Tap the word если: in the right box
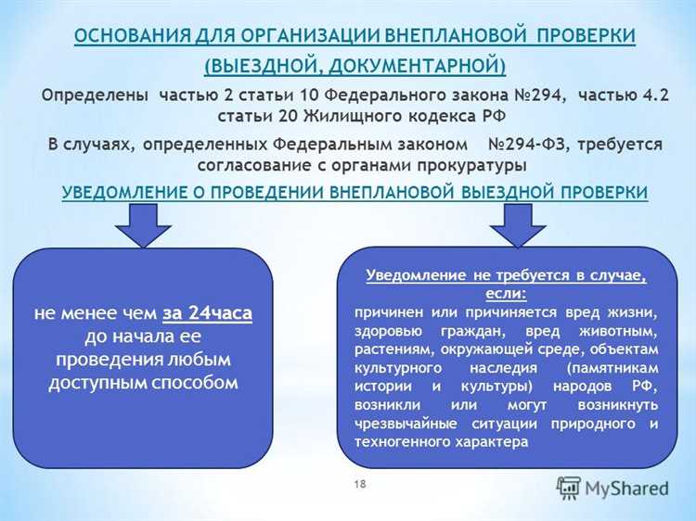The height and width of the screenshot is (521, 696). (505, 293)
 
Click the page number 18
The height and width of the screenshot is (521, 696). (360, 484)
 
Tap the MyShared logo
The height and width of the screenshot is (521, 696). (612, 487)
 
